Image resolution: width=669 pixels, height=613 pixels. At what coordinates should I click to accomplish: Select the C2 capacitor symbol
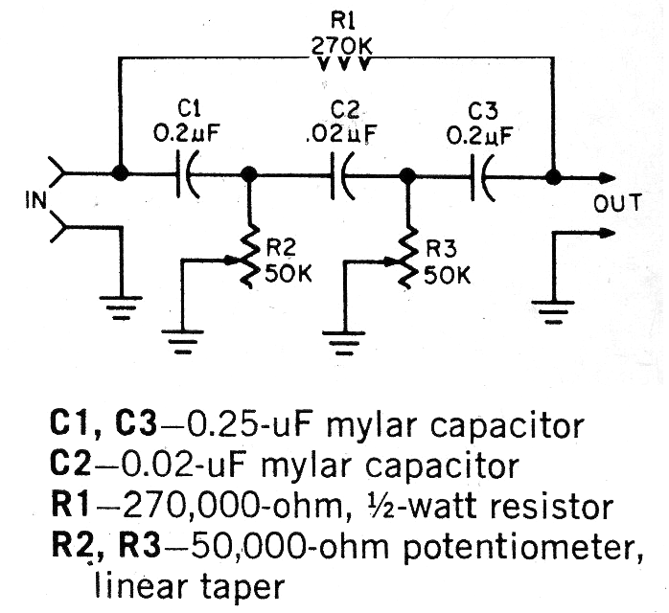point(341,176)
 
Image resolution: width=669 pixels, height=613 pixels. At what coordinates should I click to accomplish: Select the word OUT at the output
point(619,203)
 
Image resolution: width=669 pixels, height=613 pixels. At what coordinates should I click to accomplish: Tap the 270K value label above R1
point(342,44)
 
